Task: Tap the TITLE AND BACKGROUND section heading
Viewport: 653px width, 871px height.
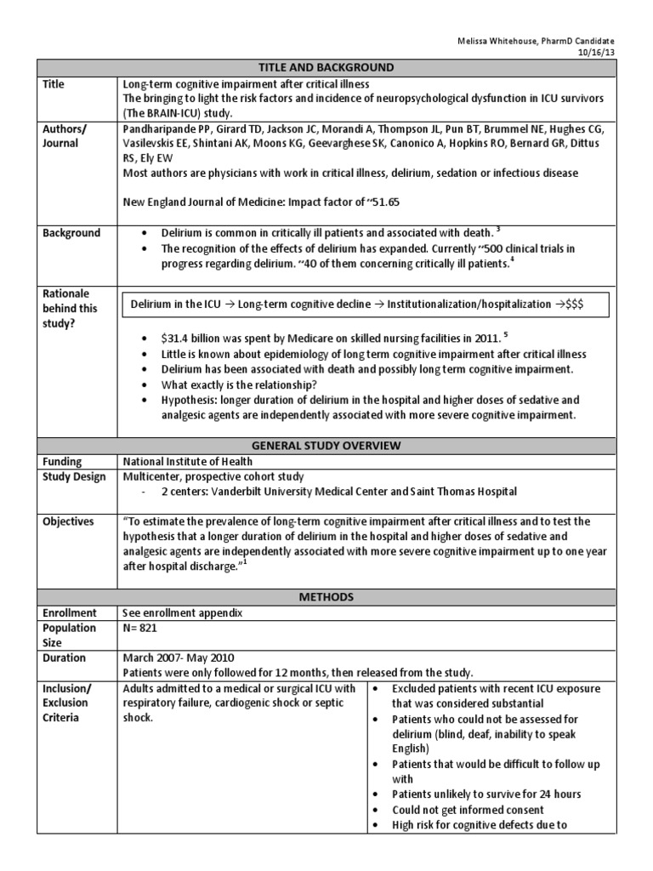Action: [326, 68]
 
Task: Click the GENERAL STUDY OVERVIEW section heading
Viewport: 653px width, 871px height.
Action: [326, 445]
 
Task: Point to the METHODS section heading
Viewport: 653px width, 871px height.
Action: [326, 597]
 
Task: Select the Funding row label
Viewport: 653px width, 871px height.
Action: [63, 461]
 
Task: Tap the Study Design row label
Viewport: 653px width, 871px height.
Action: [74, 476]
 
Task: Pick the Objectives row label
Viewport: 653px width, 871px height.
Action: [68, 521]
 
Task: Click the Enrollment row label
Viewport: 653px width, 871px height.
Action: [71, 612]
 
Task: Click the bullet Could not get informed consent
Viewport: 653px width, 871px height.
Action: [468, 810]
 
